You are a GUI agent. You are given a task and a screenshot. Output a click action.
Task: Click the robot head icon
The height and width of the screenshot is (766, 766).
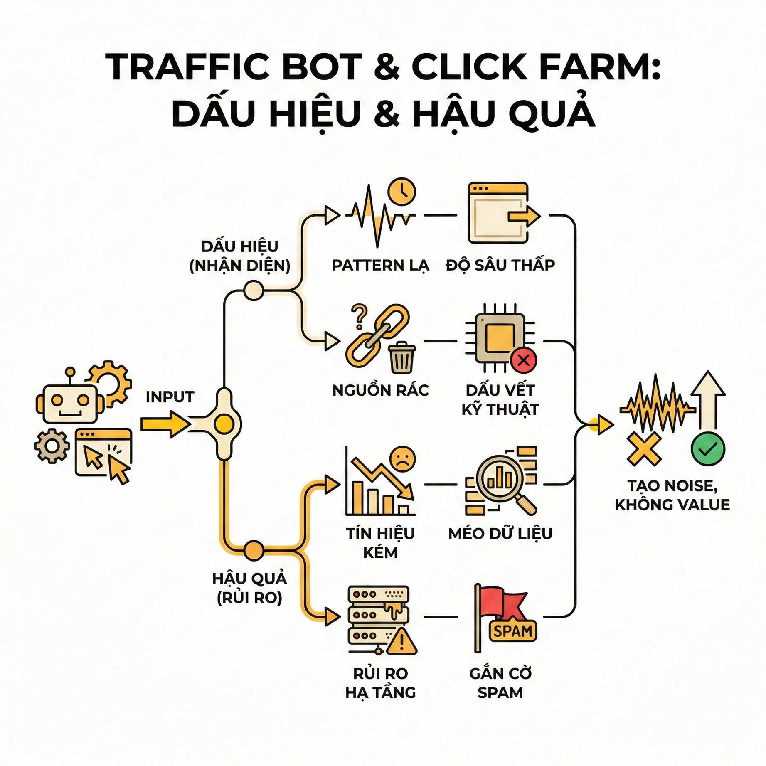[x=70, y=402]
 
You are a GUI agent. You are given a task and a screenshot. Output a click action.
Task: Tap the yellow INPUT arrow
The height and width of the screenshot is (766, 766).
[x=165, y=424]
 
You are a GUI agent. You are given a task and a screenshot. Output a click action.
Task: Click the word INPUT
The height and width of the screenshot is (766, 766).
[x=170, y=397]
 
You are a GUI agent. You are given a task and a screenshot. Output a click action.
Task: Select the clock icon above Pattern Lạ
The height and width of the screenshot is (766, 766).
[x=401, y=192]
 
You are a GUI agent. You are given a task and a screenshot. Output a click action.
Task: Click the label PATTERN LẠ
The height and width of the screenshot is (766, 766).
[x=380, y=265]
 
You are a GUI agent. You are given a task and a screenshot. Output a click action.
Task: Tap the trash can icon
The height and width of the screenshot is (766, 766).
[x=401, y=357]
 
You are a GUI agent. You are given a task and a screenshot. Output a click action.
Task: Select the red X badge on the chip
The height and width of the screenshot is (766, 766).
[x=523, y=360]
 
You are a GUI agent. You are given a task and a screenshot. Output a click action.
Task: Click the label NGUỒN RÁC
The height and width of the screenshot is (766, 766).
[x=380, y=390]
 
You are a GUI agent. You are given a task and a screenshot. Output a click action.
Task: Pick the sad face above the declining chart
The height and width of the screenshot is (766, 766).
[x=402, y=458]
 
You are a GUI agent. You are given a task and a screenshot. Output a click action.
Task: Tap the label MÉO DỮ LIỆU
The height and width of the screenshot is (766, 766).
[x=500, y=534]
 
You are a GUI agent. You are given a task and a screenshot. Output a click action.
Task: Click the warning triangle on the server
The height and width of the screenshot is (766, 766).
[x=401, y=642]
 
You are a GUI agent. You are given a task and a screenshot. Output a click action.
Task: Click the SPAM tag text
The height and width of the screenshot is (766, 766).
[x=513, y=631]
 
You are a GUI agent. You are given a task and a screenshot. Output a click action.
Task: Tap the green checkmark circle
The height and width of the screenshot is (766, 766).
[x=708, y=449]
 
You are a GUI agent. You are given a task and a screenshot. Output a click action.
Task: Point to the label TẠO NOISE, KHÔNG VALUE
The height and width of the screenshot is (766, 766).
[x=672, y=495]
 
